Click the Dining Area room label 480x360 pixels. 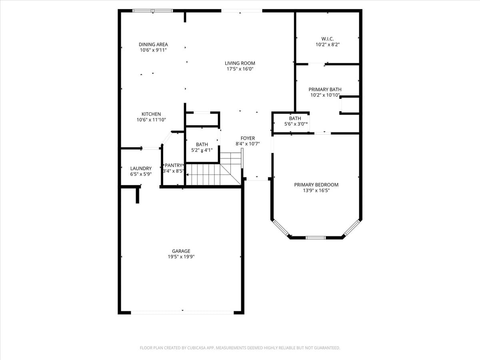153,44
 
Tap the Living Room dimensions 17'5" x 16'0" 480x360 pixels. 240,69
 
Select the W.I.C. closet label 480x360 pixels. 327,39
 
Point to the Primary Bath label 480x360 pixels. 325,89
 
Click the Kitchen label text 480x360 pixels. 151,114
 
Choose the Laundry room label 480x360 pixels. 141,168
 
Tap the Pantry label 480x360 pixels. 174,165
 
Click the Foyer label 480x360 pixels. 248,138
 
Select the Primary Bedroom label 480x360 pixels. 316,184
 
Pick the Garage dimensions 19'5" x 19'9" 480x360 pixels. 181,257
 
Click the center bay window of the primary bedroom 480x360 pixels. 316,238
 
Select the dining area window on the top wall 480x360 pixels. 152,11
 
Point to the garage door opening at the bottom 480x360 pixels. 182,312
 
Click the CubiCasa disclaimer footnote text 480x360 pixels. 240,348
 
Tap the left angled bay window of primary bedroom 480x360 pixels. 281,227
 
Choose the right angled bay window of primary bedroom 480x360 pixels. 352,227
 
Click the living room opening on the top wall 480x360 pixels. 242,11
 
